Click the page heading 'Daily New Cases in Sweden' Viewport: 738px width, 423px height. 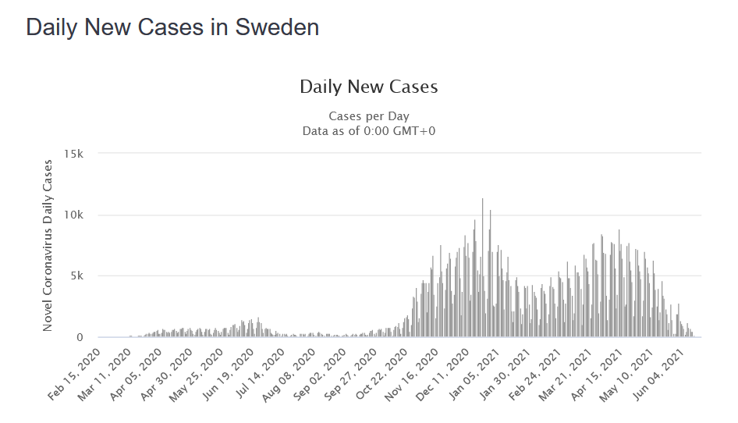(x=172, y=27)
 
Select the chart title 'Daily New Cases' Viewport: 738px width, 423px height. (x=368, y=87)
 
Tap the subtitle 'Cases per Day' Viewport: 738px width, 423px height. (x=368, y=116)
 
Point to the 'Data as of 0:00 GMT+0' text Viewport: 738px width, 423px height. (x=368, y=130)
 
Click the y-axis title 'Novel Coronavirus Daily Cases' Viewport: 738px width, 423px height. (x=48, y=245)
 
